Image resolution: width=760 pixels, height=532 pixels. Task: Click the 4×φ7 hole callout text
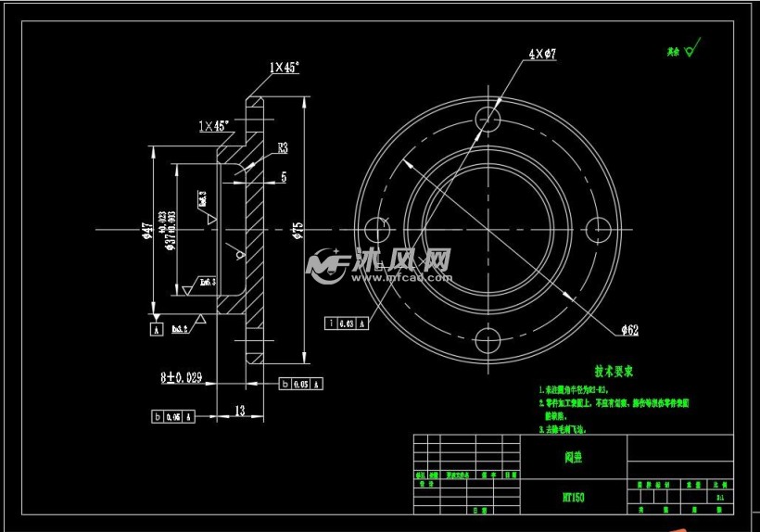click(542, 55)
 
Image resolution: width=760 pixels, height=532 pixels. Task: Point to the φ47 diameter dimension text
click(146, 231)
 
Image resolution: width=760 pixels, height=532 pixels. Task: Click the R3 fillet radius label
click(282, 147)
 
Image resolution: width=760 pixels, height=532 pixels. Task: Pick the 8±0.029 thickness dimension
click(181, 377)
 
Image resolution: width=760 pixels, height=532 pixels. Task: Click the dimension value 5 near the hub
click(283, 176)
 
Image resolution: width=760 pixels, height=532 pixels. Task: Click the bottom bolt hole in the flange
click(487, 339)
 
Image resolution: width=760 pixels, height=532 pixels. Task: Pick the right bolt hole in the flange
click(598, 229)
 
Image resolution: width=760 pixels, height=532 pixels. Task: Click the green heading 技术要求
click(614, 371)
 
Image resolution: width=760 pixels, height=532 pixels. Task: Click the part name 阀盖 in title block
click(573, 456)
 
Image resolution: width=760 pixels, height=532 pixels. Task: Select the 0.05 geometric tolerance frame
click(301, 384)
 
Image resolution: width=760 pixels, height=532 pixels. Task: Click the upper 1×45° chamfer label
click(285, 68)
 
